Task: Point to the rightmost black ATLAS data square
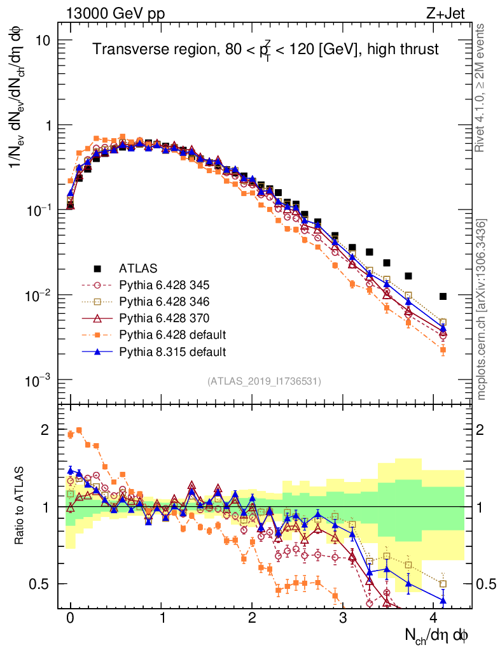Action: (x=443, y=296)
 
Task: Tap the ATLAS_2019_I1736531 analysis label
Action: (x=264, y=381)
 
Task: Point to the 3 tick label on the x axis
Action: (x=344, y=618)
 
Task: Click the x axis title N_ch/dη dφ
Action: (x=438, y=635)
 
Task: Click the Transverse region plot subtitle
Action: (x=266, y=50)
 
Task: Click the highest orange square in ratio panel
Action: (x=79, y=430)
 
